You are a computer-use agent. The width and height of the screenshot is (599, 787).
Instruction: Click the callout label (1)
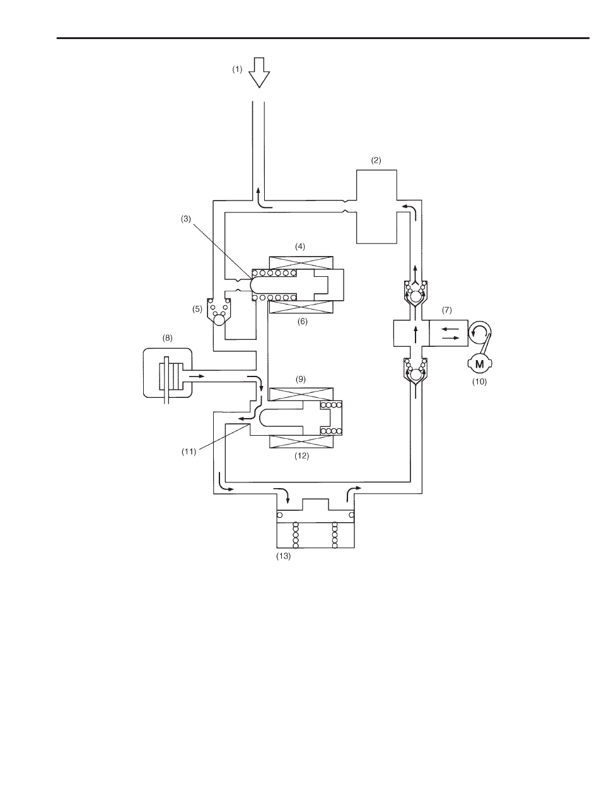(x=238, y=70)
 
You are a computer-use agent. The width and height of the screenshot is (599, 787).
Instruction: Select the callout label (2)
(x=376, y=161)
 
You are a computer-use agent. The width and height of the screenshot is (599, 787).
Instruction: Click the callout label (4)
(x=299, y=246)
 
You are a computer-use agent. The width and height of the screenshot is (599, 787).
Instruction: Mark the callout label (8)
(x=167, y=338)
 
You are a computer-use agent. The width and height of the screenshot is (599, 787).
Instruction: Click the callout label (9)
(x=299, y=380)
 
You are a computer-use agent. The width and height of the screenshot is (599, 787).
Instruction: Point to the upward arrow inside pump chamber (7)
(x=415, y=332)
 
